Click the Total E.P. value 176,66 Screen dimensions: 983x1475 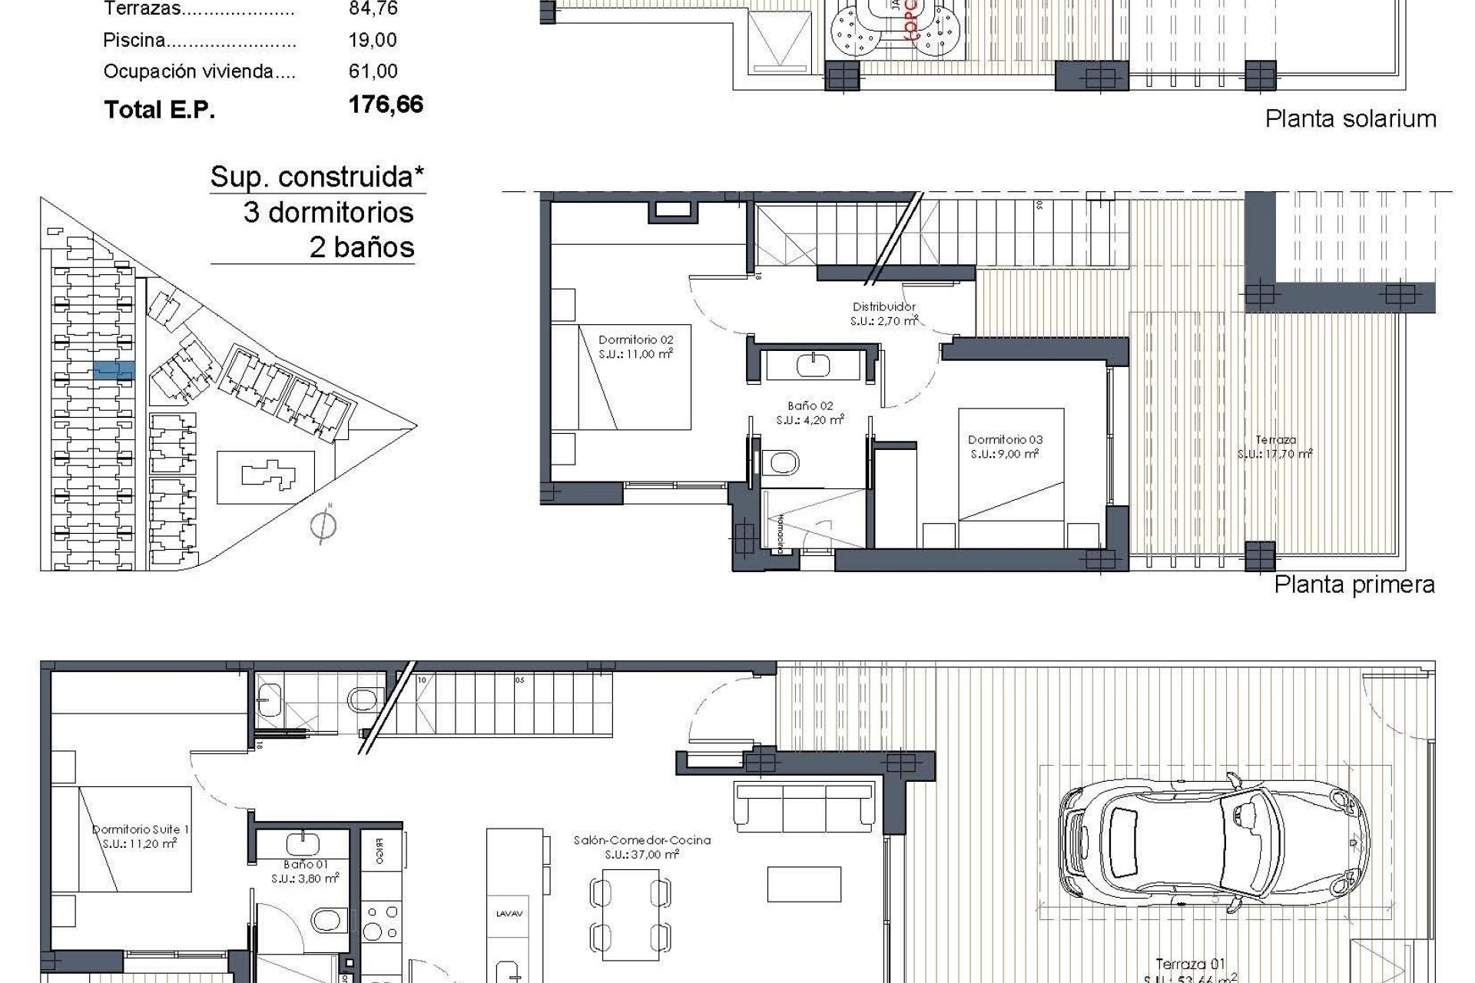(386, 104)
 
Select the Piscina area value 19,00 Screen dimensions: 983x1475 (373, 40)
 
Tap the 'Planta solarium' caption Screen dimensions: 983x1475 (1350, 119)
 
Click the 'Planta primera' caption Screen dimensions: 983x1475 (1354, 584)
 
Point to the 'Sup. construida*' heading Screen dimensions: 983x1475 (317, 177)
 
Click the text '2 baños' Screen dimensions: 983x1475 (361, 247)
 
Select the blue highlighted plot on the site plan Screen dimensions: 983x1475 (114, 371)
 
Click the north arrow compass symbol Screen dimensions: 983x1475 (323, 526)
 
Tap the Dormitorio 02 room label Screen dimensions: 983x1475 (635, 346)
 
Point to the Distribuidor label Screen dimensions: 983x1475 (883, 313)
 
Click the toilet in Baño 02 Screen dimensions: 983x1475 (783, 462)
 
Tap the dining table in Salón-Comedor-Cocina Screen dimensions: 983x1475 (630, 914)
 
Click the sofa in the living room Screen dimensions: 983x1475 (804, 806)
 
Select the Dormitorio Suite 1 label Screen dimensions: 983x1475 (140, 836)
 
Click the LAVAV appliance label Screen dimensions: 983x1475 (509, 913)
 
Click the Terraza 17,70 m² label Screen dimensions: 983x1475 (1274, 447)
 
